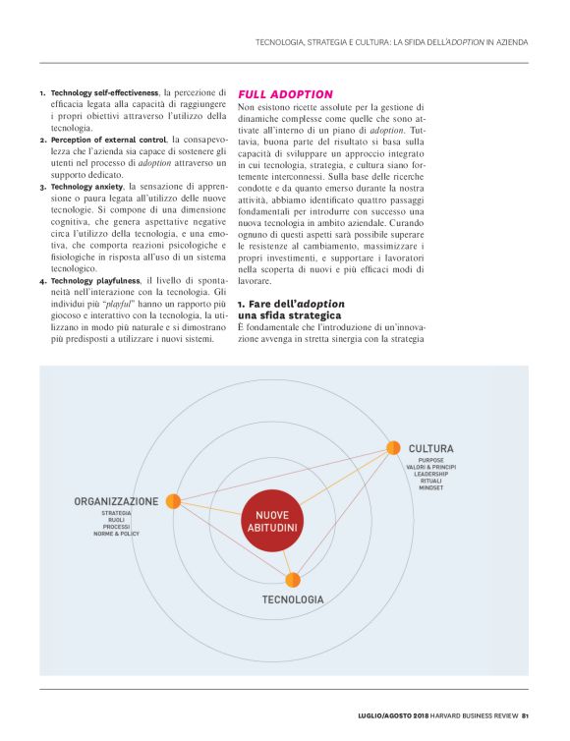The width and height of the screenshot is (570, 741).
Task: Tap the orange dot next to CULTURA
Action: pos(393,448)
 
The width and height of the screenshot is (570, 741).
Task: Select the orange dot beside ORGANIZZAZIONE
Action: pos(173,501)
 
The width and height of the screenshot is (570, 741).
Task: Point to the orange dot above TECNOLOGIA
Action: pos(293,580)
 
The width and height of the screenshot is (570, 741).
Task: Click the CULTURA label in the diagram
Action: pos(430,448)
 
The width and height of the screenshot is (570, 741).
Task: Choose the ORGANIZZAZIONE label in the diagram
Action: pos(116,501)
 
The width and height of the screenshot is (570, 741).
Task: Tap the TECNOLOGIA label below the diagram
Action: pos(293,598)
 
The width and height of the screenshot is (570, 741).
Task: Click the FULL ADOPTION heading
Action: pos(285,94)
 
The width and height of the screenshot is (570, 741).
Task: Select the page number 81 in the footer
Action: pos(526,714)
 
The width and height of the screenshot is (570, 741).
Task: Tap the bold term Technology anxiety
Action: pos(86,186)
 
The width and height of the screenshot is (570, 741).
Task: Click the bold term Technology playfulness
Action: pos(96,280)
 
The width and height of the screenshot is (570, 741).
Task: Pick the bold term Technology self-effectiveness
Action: pos(105,92)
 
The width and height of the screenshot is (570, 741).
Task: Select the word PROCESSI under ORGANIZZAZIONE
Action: pos(116,527)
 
